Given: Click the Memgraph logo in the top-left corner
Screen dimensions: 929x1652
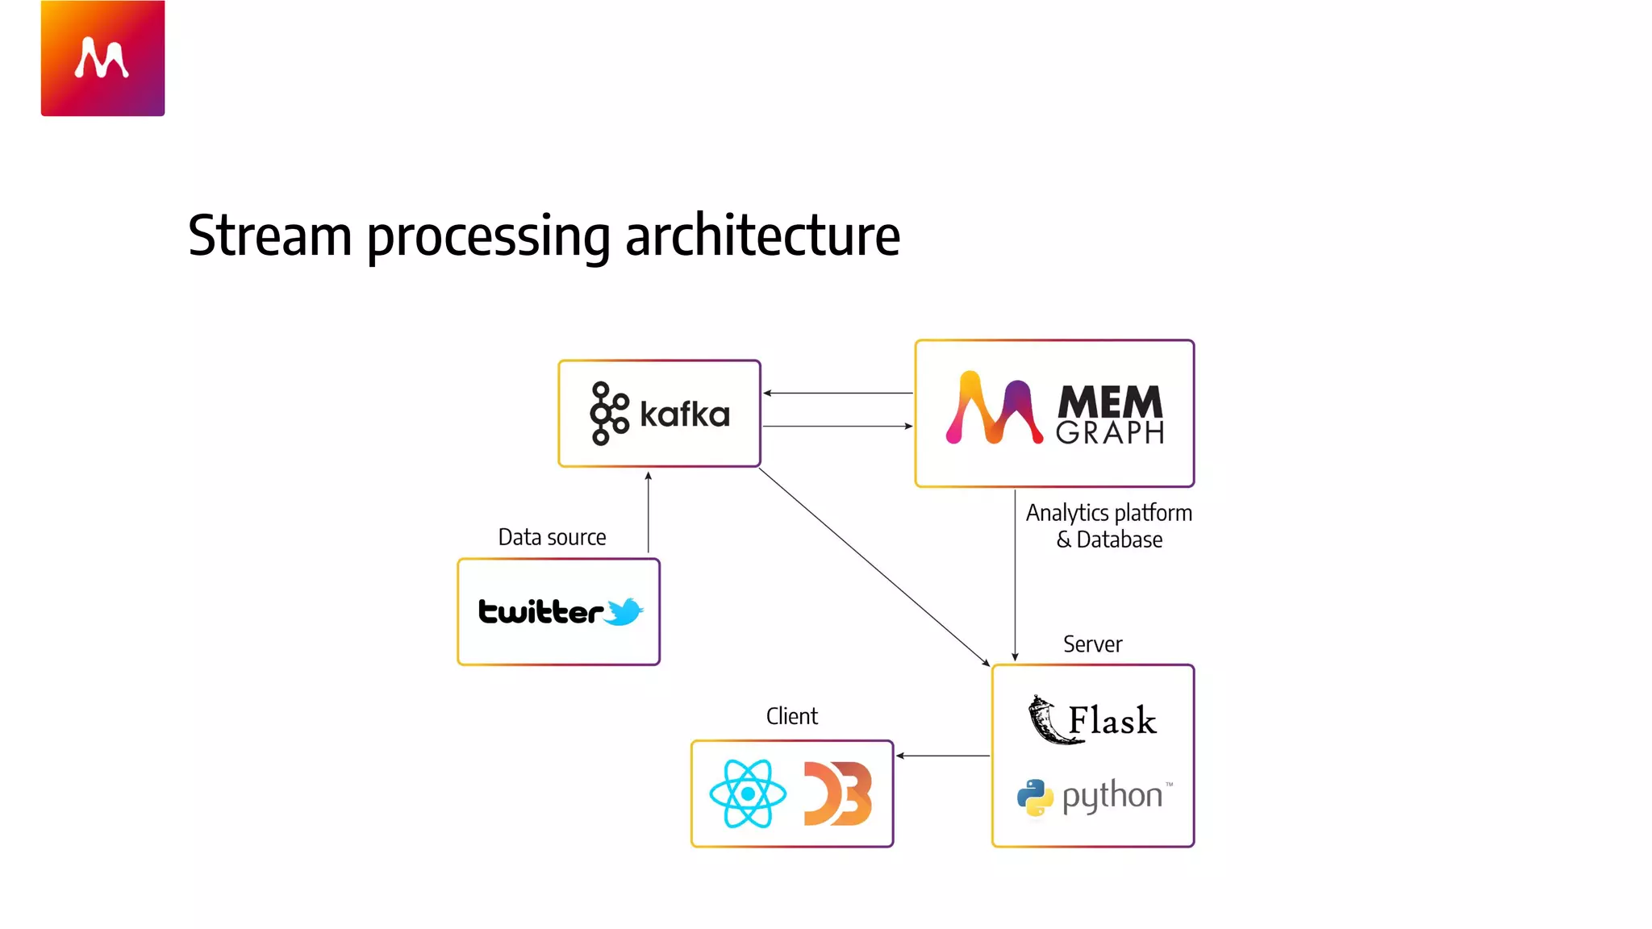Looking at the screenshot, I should click(102, 58).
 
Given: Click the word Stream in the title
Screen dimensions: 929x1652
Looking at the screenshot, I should click(269, 235).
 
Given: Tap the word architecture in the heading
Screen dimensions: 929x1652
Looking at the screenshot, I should click(762, 235).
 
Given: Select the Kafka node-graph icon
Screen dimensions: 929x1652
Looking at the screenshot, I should click(609, 414).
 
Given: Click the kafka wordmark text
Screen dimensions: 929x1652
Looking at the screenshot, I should click(685, 415).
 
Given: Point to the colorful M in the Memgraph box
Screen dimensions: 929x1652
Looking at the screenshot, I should click(994, 408).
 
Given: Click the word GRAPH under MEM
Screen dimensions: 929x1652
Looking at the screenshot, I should click(1110, 433).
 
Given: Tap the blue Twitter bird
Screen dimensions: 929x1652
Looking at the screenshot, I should click(624, 611).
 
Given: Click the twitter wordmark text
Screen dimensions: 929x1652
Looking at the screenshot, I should click(540, 611).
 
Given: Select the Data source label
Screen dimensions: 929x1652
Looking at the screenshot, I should click(552, 537).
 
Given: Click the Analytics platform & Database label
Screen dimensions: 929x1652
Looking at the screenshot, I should click(1109, 526).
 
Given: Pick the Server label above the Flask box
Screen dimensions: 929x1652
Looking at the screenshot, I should click(1092, 644).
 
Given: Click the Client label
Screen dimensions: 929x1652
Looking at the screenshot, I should click(791, 716).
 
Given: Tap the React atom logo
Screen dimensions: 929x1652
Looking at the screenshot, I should click(748, 794).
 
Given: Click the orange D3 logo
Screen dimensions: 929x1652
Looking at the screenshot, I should click(838, 794).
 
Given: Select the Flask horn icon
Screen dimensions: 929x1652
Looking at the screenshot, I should click(1047, 719).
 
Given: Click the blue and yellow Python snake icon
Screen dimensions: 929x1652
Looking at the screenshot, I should click(1035, 797).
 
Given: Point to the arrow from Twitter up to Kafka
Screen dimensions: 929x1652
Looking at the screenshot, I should click(649, 513).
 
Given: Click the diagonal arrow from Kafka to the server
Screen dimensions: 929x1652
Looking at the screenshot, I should click(874, 566).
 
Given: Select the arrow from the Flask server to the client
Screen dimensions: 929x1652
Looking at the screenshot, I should click(943, 756).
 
